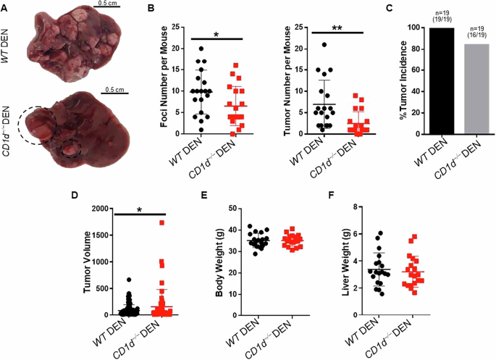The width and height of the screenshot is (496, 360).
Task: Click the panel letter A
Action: [x=4, y=7]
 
